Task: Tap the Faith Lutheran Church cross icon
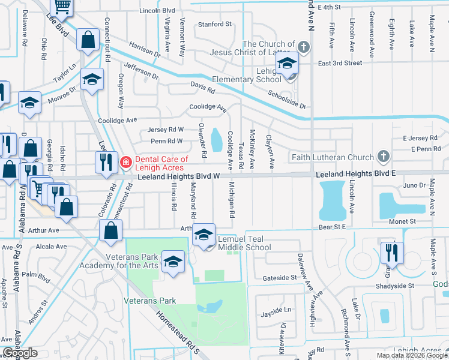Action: pos(384,157)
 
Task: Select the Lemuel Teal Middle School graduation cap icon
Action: pos(203,234)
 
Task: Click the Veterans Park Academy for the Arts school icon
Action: pos(173,261)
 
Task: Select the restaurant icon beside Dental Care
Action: pos(104,161)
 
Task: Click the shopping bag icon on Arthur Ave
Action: pos(111,230)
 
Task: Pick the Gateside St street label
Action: pos(280,278)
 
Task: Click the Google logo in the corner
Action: pos(20,353)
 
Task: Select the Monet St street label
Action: pos(403,222)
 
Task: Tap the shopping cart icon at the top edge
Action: pos(62,6)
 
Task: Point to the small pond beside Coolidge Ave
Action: pos(217,141)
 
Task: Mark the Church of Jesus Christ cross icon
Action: pos(304,47)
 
